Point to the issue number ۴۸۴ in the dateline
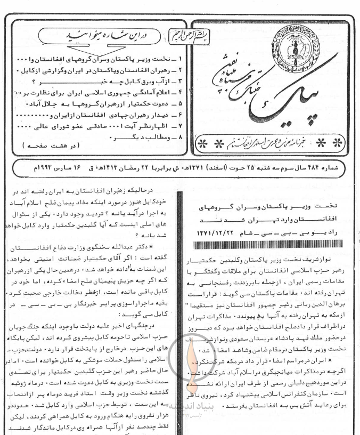pyautogui.click(x=326, y=169)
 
